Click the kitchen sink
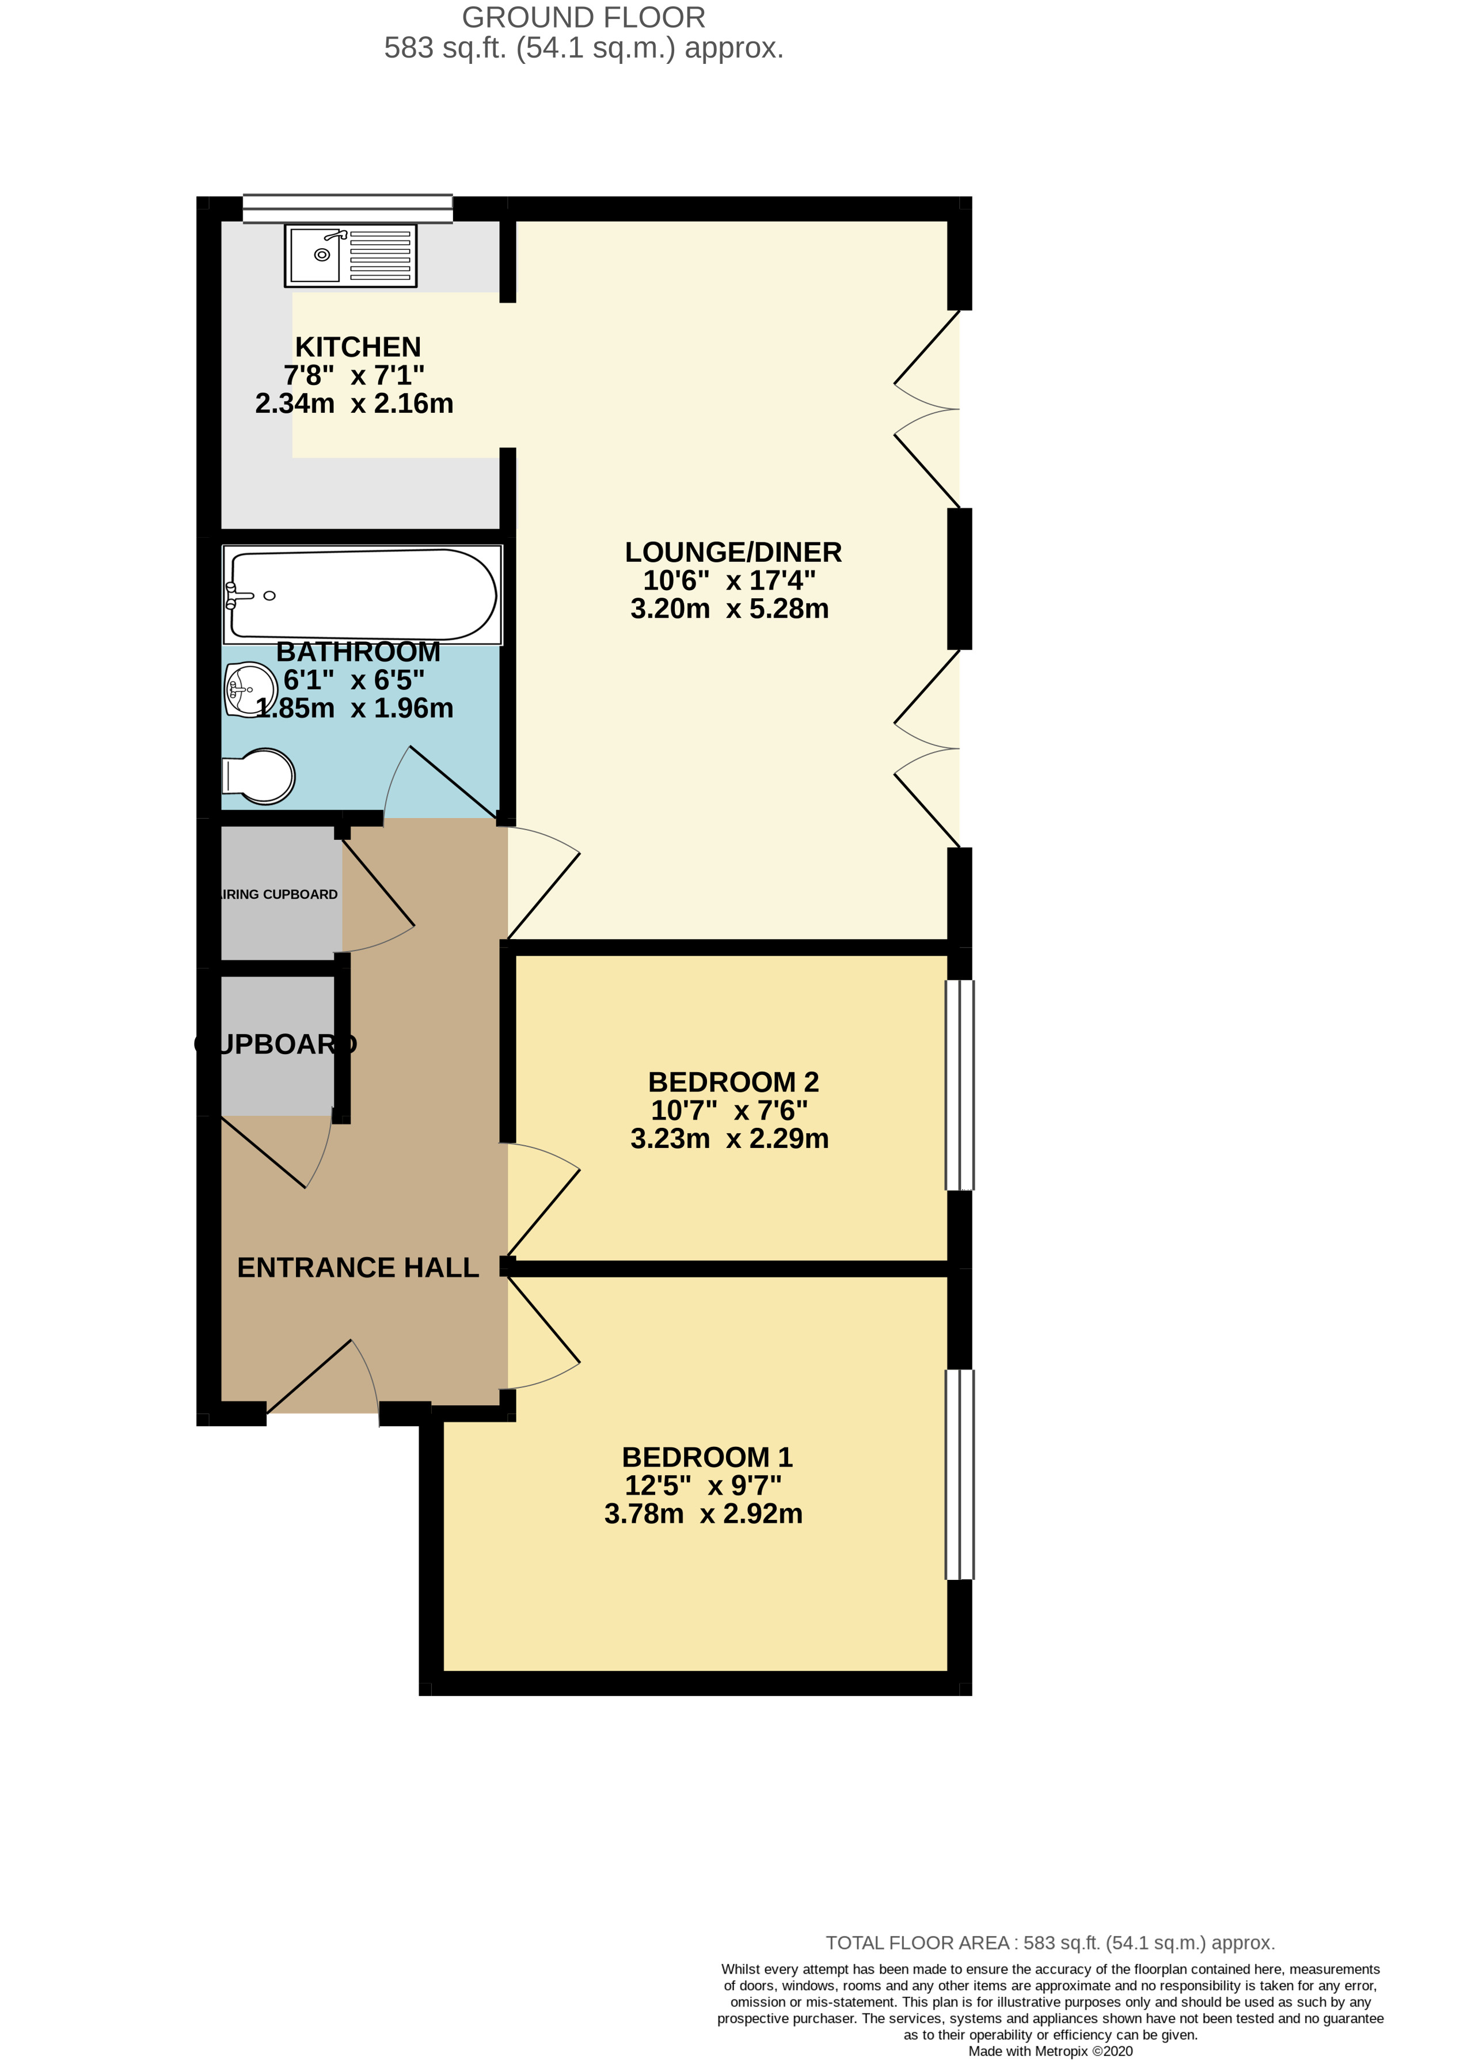[x=351, y=256]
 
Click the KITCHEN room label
[x=358, y=347]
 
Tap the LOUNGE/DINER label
[x=733, y=552]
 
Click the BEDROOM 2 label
[x=733, y=1082]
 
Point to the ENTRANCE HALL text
[x=358, y=1267]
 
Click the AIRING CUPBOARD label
[x=280, y=894]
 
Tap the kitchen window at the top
[x=348, y=208]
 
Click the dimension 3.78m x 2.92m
[x=703, y=1514]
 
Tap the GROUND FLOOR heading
[x=583, y=17]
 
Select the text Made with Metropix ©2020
[x=1050, y=2051]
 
